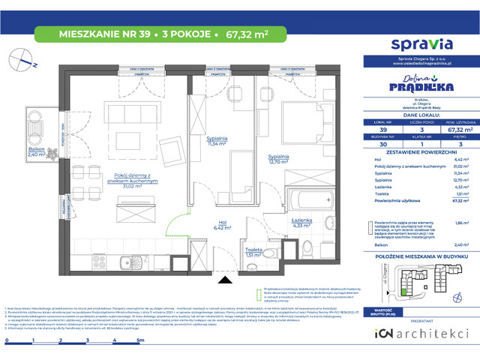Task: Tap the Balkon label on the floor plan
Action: (36, 151)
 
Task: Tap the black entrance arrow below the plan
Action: (222, 280)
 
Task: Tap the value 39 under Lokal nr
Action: (382, 129)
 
